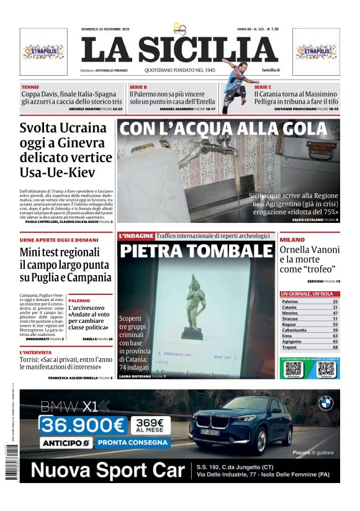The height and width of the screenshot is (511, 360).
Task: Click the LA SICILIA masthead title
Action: point(179,50)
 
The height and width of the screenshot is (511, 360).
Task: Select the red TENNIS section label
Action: point(30,88)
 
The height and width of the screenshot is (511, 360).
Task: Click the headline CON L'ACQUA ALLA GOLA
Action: point(223,130)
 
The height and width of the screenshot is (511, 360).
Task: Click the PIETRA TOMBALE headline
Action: point(196,251)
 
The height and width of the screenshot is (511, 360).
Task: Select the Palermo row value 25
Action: point(335,301)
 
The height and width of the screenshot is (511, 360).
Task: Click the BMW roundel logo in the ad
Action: point(325,404)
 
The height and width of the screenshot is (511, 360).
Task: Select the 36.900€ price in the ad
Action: point(83,425)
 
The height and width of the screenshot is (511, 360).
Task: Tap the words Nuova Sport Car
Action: point(107,471)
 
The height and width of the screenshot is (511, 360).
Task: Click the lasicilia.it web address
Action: point(271,70)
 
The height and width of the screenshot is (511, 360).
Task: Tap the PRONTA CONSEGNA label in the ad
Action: point(133,443)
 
